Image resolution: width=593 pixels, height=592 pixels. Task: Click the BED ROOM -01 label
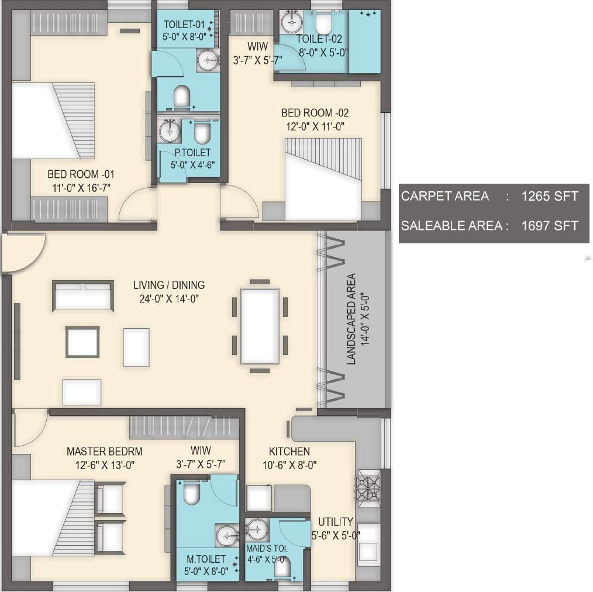(x=81, y=174)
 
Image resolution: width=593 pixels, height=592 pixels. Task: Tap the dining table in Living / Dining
(x=260, y=326)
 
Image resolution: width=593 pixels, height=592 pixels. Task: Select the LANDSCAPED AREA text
(x=351, y=319)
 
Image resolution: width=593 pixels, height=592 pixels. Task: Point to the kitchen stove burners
(x=368, y=488)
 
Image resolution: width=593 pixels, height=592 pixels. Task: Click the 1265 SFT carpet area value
(x=550, y=196)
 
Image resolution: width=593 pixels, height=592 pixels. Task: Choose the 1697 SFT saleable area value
(x=550, y=226)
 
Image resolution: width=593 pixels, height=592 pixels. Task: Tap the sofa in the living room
(x=83, y=296)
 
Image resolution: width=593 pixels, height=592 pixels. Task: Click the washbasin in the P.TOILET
(x=170, y=132)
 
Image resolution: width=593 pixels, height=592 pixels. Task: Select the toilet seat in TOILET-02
(x=323, y=24)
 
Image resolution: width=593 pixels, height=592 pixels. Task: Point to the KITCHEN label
(x=289, y=451)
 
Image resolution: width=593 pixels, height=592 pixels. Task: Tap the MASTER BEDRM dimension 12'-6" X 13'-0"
(x=105, y=465)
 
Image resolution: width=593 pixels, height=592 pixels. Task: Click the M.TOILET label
(x=206, y=559)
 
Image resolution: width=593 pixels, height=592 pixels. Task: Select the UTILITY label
(x=336, y=522)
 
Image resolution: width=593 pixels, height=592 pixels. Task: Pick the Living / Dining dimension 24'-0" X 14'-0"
(x=168, y=299)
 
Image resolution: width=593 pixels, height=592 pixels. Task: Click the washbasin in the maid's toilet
(x=257, y=528)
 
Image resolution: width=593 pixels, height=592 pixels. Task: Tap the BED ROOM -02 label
(x=315, y=113)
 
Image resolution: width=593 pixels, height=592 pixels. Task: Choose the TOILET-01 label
(x=184, y=25)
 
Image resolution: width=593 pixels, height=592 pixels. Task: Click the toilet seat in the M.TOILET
(x=191, y=494)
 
